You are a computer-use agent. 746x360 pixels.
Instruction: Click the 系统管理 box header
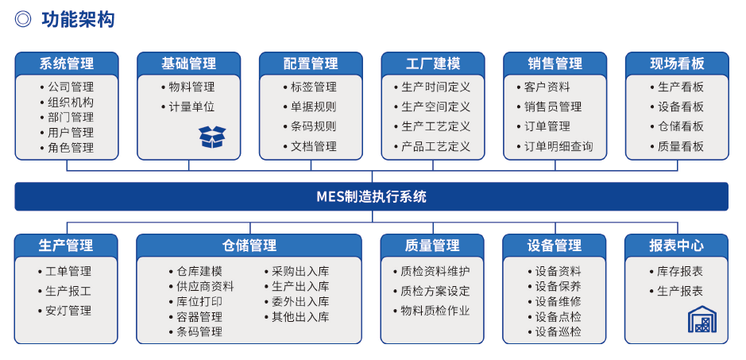[67, 64]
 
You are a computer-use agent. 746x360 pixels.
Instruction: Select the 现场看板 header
[677, 64]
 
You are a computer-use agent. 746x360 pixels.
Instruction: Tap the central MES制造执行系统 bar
[372, 196]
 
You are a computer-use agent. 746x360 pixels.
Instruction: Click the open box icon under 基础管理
[212, 137]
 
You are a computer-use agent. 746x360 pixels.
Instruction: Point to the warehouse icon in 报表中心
[702, 319]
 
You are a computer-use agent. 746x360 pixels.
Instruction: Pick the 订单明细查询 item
[555, 146]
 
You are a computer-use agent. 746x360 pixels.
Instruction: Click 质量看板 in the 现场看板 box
[677, 146]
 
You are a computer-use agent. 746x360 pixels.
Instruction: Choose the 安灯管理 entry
[64, 311]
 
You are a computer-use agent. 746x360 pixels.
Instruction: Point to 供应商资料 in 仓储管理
[202, 287]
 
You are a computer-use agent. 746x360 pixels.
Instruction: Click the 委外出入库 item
[297, 302]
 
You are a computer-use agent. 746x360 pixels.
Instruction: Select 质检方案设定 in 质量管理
[432, 291]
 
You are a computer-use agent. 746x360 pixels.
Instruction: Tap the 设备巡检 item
[555, 332]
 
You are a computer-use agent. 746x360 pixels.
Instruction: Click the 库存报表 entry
[676, 272]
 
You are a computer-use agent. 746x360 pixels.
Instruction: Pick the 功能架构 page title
[78, 20]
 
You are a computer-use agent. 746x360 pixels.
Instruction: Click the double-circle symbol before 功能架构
[23, 20]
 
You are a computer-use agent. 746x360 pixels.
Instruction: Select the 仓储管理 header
[249, 246]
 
